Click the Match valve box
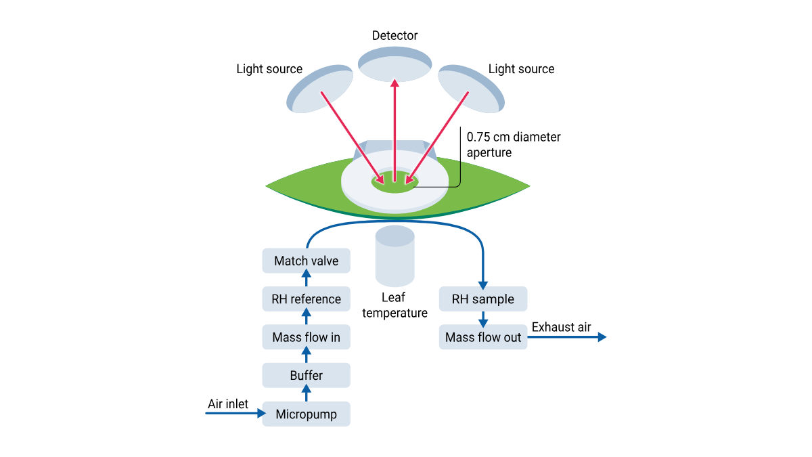point(306,261)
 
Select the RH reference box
point(306,299)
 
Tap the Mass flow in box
point(306,336)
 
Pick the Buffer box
point(306,375)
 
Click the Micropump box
point(306,414)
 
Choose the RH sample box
point(483,299)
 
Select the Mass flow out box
point(483,336)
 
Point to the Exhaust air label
point(561,328)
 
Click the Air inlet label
point(227,404)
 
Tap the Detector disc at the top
point(394,64)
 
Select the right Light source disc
point(471,89)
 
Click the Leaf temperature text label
point(394,305)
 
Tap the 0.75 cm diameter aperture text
point(513,145)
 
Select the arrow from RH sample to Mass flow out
point(483,318)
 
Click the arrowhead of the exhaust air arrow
point(602,336)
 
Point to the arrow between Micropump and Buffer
point(306,394)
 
